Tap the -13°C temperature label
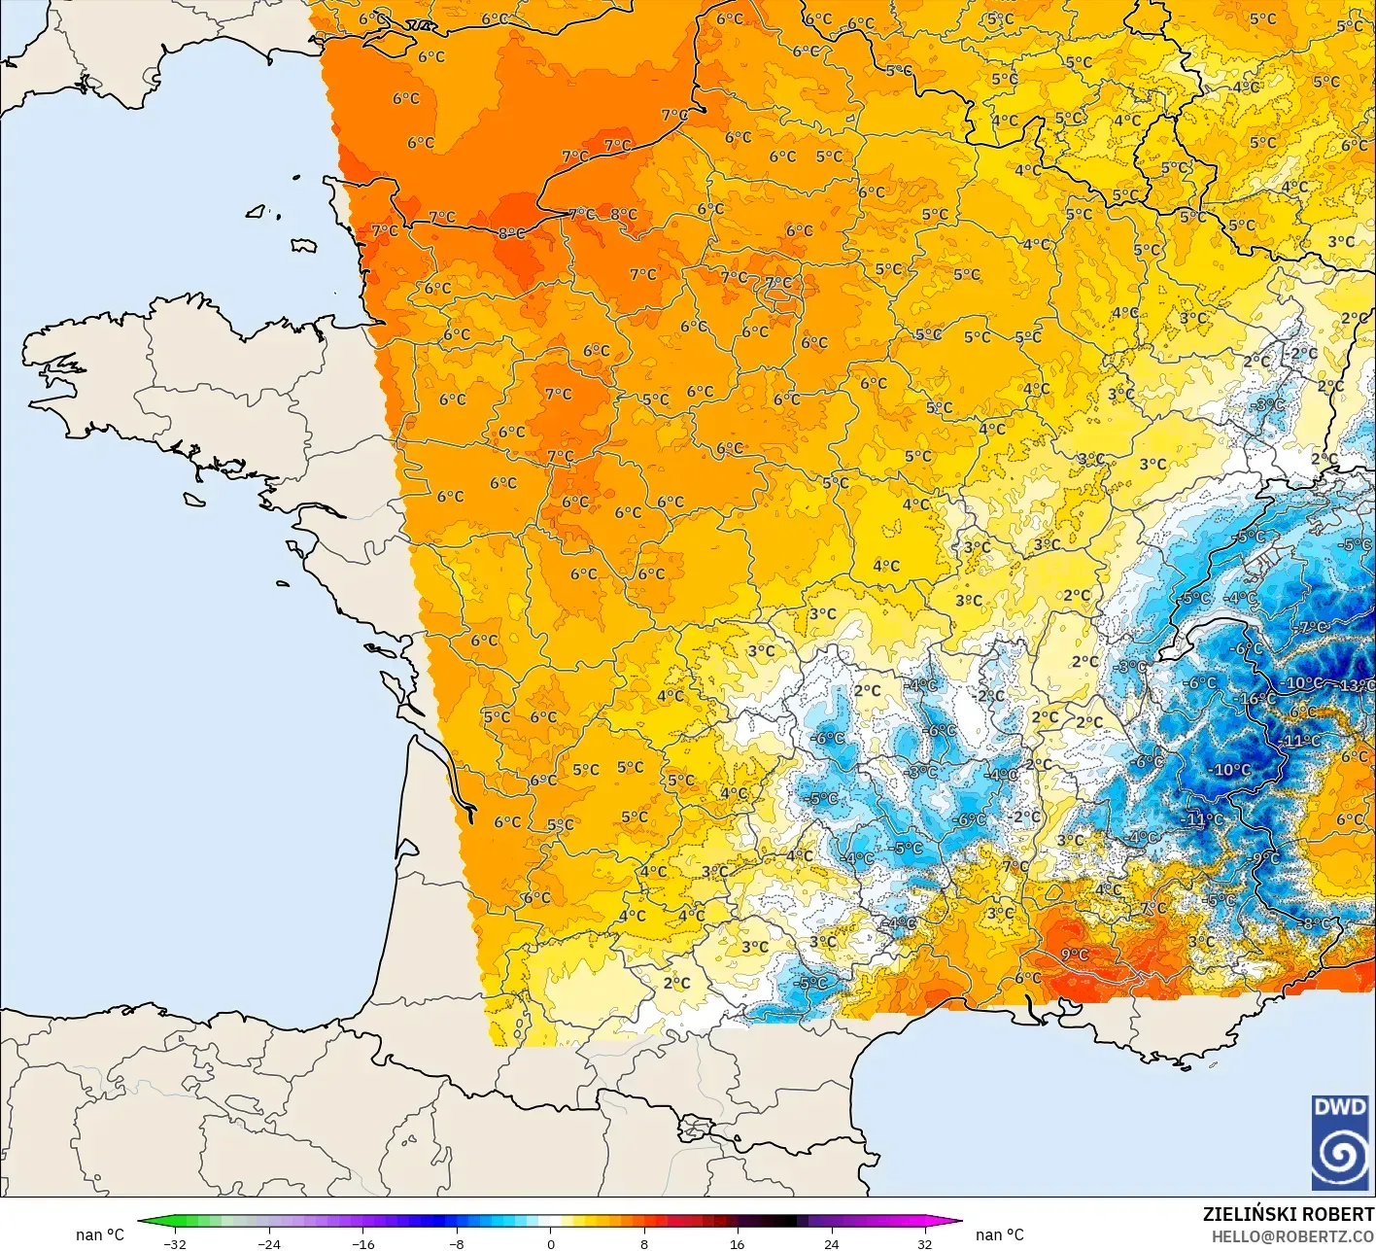tap(1357, 686)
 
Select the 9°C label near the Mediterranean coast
tap(1074, 955)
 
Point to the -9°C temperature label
tap(1265, 858)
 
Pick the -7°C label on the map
tap(1311, 628)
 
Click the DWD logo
tap(1340, 1143)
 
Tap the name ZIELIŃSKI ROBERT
tap(1288, 1214)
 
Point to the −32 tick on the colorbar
tap(175, 1243)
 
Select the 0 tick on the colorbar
tap(550, 1243)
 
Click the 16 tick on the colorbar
tap(738, 1243)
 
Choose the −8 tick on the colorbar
tap(456, 1243)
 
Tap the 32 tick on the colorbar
tap(924, 1243)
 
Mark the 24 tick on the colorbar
tap(831, 1243)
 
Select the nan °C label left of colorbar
tap(100, 1234)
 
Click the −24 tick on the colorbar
tap(268, 1243)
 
